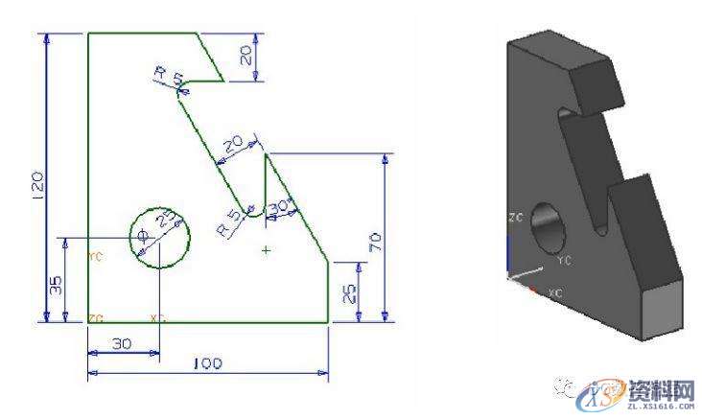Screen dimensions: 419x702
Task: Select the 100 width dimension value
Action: pos(207,364)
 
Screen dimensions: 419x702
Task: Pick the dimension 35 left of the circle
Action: pos(56,285)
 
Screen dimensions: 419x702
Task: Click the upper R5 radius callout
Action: pos(165,76)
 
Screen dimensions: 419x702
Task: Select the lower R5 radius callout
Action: pos(228,220)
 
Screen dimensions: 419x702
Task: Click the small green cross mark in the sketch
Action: pos(266,250)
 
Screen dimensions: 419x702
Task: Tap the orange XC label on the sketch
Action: pos(158,315)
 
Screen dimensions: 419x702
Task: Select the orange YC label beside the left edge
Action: pos(95,257)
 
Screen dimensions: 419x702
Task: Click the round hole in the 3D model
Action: pos(550,228)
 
